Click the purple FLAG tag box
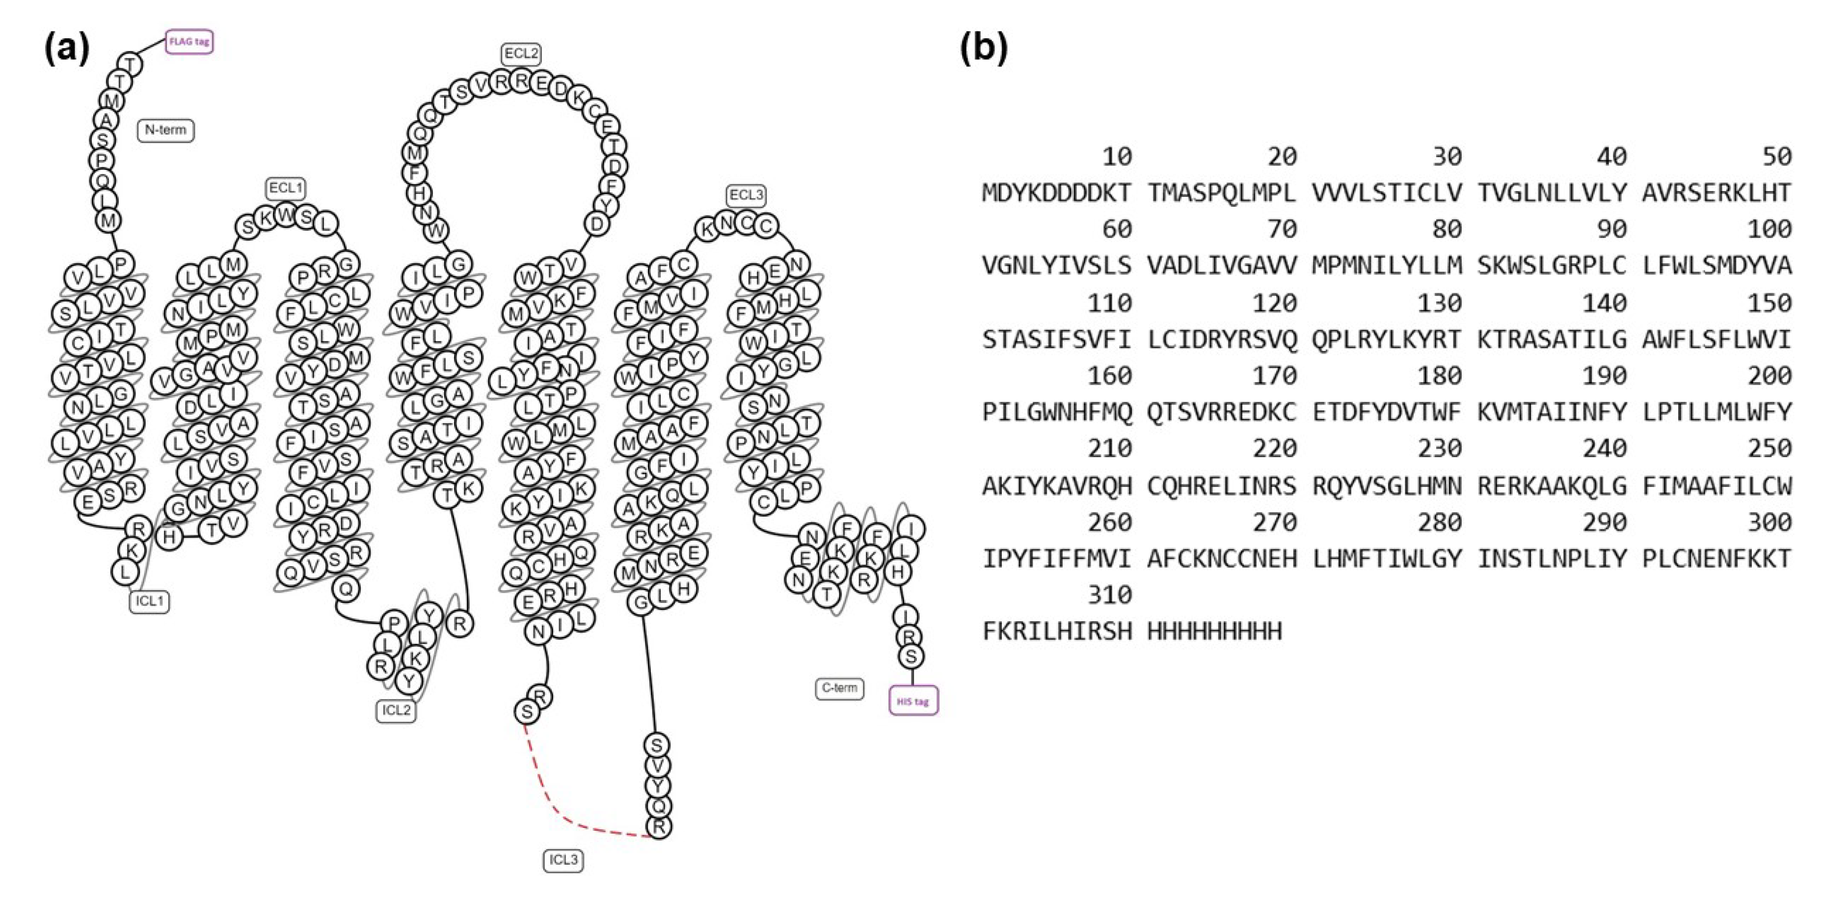click(189, 42)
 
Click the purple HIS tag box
click(912, 701)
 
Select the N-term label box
click(165, 130)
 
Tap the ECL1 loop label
click(286, 188)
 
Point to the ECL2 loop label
click(521, 54)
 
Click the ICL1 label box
click(149, 601)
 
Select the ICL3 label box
click(563, 860)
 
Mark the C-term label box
click(839, 688)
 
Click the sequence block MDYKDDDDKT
click(1056, 192)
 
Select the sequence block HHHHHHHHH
click(1214, 630)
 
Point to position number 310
click(1109, 594)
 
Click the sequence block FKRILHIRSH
click(1056, 630)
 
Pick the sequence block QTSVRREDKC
click(1222, 412)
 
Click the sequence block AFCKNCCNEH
click(1222, 558)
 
